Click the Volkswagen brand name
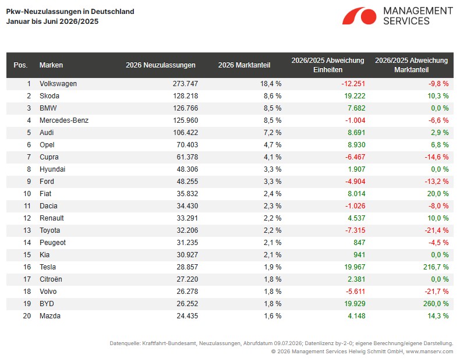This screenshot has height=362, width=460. click(58, 84)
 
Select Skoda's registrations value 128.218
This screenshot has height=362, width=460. click(185, 96)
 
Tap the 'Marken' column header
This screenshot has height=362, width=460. click(51, 65)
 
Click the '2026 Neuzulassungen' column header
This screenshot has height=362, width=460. click(161, 65)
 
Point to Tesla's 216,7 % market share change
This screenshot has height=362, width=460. click(436, 267)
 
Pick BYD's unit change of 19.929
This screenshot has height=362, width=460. click(355, 304)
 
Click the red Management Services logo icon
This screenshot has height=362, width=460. click(359, 16)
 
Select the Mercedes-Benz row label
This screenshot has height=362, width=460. click(64, 120)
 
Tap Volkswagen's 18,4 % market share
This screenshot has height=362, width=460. click(271, 84)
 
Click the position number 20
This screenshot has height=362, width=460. click(27, 316)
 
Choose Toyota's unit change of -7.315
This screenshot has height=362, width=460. click(355, 230)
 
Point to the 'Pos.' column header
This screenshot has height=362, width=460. click(20, 65)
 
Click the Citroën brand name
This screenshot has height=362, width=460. click(51, 279)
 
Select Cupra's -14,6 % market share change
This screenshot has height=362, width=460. click(437, 157)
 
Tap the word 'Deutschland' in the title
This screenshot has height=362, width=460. click(112, 12)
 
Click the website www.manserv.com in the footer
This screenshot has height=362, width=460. click(430, 352)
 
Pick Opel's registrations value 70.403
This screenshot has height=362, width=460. click(187, 145)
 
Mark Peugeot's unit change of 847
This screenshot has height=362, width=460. click(359, 243)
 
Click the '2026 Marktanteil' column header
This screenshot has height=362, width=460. click(244, 65)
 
